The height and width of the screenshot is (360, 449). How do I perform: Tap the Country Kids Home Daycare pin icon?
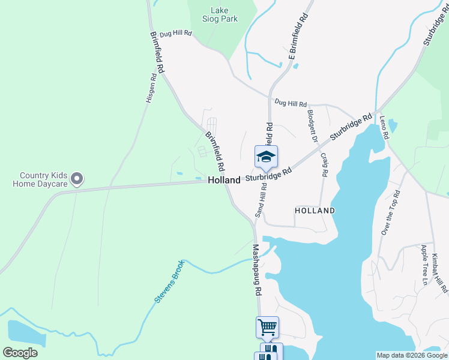click(x=77, y=178)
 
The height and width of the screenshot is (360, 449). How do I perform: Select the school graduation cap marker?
click(x=266, y=157)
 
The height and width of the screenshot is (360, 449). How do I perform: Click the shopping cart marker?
click(x=267, y=328)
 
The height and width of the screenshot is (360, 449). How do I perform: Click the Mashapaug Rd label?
click(x=257, y=269)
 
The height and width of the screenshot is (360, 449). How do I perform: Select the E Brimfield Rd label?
click(x=298, y=35)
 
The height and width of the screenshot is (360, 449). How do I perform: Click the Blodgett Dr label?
click(x=312, y=125)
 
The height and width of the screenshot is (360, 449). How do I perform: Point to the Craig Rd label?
click(x=324, y=164)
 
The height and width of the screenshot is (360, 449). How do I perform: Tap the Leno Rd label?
click(x=384, y=127)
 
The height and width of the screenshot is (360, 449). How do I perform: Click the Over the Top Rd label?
click(x=390, y=213)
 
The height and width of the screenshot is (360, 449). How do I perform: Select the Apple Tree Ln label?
click(x=424, y=265)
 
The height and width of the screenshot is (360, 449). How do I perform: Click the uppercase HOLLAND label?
click(x=315, y=211)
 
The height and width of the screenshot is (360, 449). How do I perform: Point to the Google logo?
click(x=20, y=353)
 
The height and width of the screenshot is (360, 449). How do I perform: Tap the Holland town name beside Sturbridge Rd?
click(x=224, y=180)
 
